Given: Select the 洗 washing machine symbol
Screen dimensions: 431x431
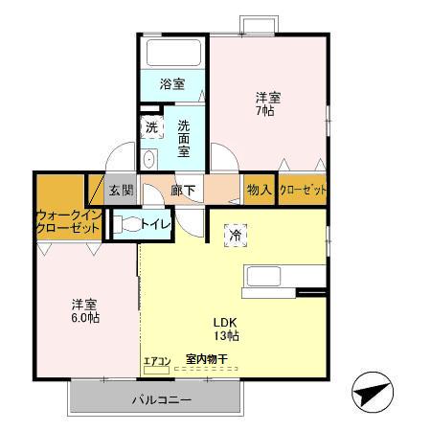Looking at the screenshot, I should [x=151, y=127].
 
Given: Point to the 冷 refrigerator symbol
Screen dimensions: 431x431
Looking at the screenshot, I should [x=235, y=233].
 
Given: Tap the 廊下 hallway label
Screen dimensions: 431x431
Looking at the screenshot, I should [x=182, y=190].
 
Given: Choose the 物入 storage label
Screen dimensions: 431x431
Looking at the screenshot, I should [x=260, y=190].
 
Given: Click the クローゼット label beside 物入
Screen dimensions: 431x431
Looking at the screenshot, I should [x=303, y=190].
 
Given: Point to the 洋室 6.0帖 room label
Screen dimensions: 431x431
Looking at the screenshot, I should [x=84, y=312].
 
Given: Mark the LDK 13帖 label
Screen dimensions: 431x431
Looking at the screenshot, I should [x=226, y=329].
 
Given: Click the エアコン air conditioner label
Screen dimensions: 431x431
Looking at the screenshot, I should [x=156, y=361].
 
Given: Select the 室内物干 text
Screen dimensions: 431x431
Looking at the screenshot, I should [x=207, y=359].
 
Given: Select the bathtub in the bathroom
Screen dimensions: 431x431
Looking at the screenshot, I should [x=173, y=51].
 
